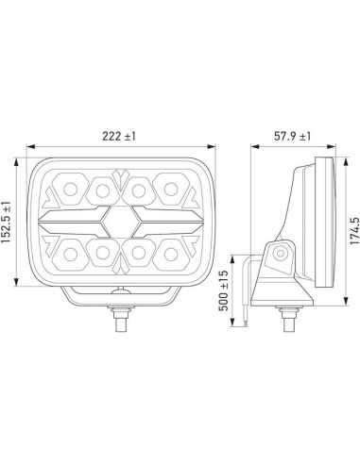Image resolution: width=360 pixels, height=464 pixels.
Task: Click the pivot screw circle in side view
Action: pyautogui.click(x=282, y=255)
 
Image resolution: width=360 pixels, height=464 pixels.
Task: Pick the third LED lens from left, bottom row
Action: pyautogui.click(x=139, y=251)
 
